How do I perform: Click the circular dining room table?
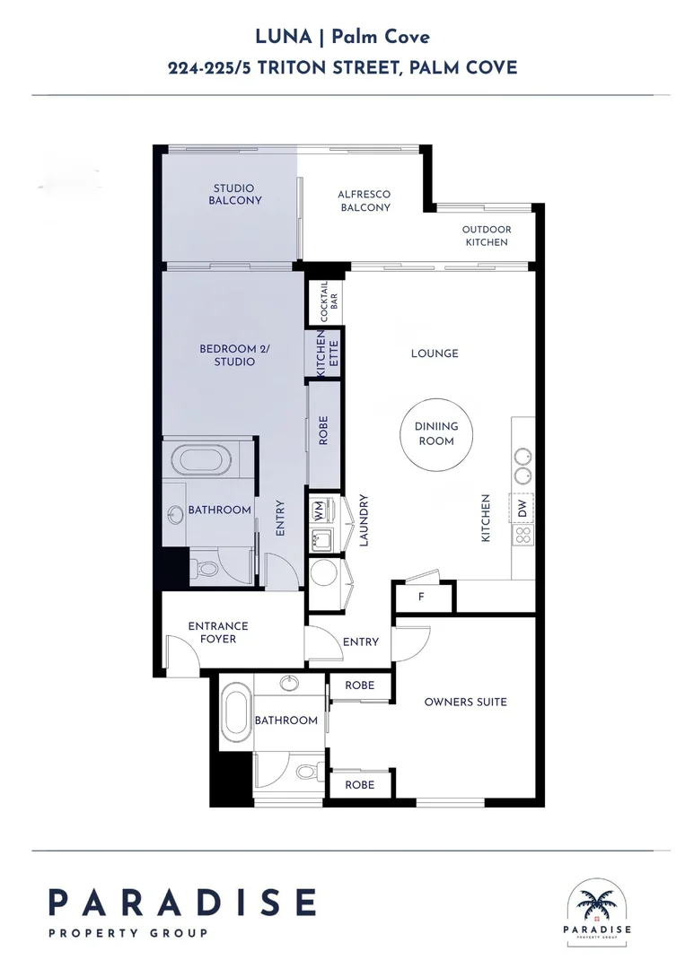click(435, 434)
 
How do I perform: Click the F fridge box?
click(422, 597)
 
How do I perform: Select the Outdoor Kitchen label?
click(487, 235)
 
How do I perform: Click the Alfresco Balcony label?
click(364, 201)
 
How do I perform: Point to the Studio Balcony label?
click(234, 194)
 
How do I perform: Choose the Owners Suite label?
click(466, 702)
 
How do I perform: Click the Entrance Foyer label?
click(217, 633)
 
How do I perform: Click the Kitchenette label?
click(327, 354)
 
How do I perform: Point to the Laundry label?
click(364, 520)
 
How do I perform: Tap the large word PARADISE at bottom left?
click(183, 903)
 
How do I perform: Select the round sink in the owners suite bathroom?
click(288, 684)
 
